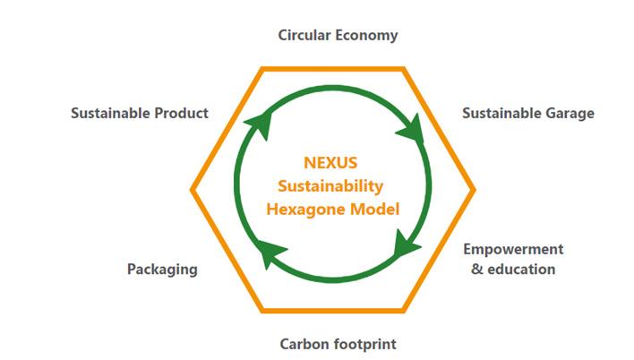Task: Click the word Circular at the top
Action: coord(304,35)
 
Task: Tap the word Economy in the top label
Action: coord(367,36)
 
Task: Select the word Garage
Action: coord(570,113)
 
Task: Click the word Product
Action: coord(182,113)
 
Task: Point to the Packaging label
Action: coord(163,270)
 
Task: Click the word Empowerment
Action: coord(513,249)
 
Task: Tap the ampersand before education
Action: coord(477,269)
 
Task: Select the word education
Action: coord(521,269)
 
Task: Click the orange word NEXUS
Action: coord(330,163)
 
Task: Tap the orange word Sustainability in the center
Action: coord(330,186)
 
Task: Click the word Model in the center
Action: coord(375,210)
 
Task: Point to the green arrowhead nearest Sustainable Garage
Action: coord(412,129)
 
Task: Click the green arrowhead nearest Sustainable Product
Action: coord(260,124)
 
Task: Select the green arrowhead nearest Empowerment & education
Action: coord(405,244)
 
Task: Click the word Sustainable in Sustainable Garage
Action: coord(501,113)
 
